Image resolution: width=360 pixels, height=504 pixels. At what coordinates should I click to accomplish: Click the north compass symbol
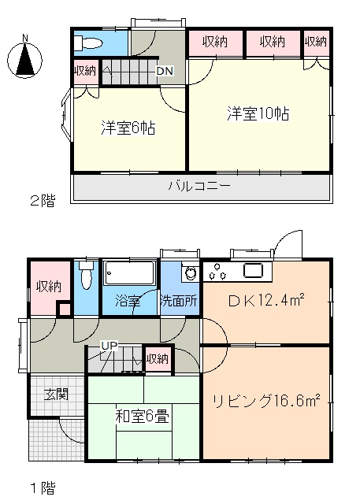[24, 58]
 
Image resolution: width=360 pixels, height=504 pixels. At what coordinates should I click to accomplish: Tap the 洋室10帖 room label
[258, 113]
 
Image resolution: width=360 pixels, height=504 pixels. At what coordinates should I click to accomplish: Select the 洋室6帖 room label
[128, 128]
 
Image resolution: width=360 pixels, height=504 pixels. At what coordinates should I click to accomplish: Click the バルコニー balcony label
[199, 186]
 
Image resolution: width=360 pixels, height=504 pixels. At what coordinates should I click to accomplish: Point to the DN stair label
[165, 71]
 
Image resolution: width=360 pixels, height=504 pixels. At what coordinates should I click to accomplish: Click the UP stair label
[109, 346]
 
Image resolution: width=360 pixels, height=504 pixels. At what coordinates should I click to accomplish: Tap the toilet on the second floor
[87, 43]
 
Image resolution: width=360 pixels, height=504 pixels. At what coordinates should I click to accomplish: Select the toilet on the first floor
[86, 275]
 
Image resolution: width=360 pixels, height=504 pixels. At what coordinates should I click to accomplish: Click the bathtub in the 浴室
[129, 273]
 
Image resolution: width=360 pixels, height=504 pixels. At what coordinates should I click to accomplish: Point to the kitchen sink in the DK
[254, 270]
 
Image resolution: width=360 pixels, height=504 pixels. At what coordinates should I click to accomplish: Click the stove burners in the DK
[217, 272]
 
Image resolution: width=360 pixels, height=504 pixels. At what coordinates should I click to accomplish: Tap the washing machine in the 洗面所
[191, 272]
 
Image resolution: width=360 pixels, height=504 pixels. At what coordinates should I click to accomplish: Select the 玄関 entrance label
[57, 394]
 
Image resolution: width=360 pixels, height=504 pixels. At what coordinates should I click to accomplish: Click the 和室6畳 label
[142, 417]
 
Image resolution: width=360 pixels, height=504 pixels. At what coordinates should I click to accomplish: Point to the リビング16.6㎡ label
[266, 401]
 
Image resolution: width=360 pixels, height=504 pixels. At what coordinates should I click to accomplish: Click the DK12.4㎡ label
[266, 301]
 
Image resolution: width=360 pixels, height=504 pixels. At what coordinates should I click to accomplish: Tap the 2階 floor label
[43, 201]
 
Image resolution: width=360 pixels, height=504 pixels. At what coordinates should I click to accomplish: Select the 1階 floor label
[43, 488]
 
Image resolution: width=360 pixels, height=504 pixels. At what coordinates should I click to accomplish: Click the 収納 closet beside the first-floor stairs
[158, 359]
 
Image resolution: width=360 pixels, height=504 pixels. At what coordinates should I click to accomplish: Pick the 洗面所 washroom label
[179, 301]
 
